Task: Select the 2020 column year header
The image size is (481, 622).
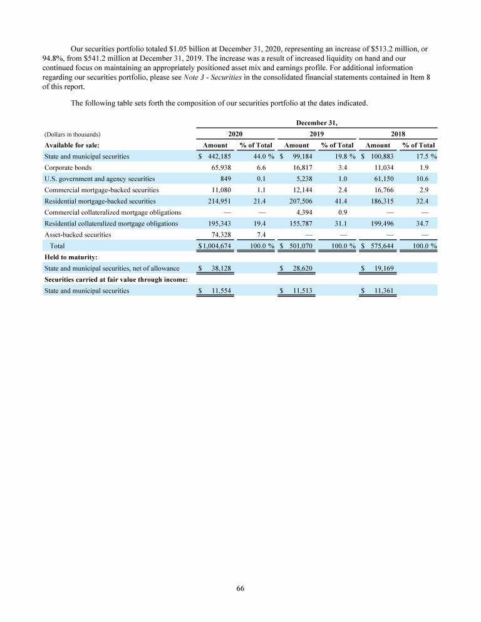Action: [235, 133]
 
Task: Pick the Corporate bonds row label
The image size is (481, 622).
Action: [68, 167]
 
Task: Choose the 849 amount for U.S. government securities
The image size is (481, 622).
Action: [226, 179]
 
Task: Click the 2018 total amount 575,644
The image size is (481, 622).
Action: [381, 246]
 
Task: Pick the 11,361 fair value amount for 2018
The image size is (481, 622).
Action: [381, 291]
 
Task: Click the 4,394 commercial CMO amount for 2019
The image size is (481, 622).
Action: [303, 212]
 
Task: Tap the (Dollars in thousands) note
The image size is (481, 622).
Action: [73, 134]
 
